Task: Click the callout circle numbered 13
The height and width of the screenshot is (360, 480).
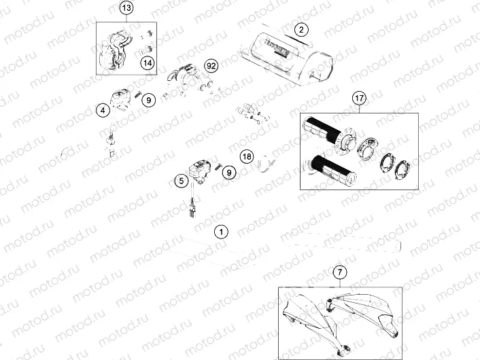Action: [127, 8]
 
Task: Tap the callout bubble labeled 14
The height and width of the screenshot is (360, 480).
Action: [146, 63]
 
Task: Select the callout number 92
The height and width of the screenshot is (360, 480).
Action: [211, 66]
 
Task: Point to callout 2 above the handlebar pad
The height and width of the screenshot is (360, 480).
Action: [302, 29]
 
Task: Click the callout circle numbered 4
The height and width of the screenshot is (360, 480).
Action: [102, 110]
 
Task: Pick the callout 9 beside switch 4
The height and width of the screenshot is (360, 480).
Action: [149, 100]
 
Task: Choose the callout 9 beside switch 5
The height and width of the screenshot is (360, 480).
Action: [229, 173]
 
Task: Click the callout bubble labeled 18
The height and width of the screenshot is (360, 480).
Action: [247, 156]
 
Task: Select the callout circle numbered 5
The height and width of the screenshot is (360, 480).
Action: [180, 181]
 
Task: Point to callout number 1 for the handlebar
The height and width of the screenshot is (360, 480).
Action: [220, 231]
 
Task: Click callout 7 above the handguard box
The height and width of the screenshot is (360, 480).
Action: [340, 272]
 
